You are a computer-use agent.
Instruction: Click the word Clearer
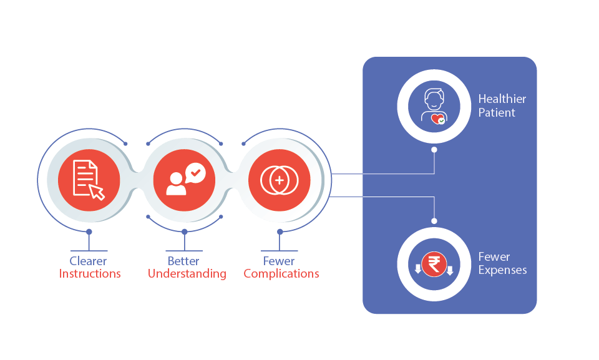click(88, 261)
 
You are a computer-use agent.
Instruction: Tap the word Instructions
click(90, 274)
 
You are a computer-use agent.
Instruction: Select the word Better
click(183, 261)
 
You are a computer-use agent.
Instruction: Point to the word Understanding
click(187, 274)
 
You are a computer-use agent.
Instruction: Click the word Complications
click(281, 274)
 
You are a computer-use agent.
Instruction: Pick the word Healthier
click(502, 99)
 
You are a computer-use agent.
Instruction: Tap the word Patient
click(497, 113)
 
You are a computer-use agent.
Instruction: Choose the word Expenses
click(502, 270)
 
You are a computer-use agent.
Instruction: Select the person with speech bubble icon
click(185, 180)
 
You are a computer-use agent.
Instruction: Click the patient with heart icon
click(434, 107)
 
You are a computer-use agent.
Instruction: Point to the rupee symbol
click(434, 265)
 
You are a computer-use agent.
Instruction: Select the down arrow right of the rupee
click(449, 270)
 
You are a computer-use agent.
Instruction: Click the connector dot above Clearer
click(89, 231)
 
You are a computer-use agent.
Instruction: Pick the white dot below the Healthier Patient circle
click(434, 150)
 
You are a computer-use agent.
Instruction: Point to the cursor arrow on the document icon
click(97, 192)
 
